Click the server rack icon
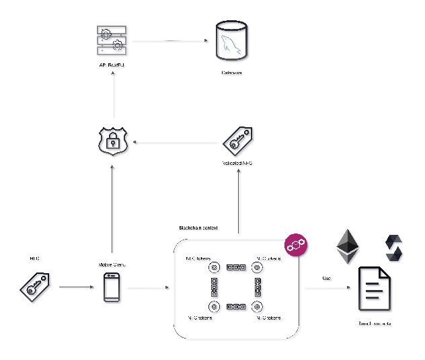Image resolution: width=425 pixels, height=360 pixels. (112, 42)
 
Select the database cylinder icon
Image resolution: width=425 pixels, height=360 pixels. (233, 42)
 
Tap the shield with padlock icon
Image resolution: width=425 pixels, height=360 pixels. (114, 143)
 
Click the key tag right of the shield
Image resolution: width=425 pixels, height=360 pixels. (239, 142)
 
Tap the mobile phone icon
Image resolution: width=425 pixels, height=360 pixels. (113, 289)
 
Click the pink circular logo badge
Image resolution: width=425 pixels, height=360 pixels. (297, 246)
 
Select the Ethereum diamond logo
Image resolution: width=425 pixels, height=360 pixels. (348, 247)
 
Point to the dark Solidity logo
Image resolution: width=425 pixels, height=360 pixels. (394, 249)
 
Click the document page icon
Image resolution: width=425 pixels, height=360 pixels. (375, 290)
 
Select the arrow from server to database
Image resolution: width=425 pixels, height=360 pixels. (171, 42)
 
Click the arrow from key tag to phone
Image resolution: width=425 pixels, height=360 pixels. (77, 288)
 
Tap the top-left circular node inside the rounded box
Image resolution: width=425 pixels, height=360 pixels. (215, 269)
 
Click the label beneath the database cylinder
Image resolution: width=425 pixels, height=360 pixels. (232, 73)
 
